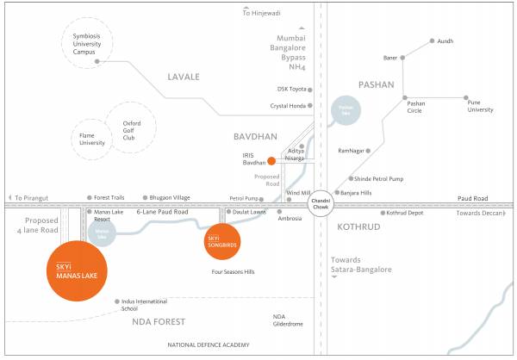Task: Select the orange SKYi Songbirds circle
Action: pos(217,239)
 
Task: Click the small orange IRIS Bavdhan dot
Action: pos(271,160)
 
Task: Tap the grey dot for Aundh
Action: pos(431,40)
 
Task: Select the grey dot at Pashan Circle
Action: pos(404,97)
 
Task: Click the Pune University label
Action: pos(480,106)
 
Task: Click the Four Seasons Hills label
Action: pos(233,271)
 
